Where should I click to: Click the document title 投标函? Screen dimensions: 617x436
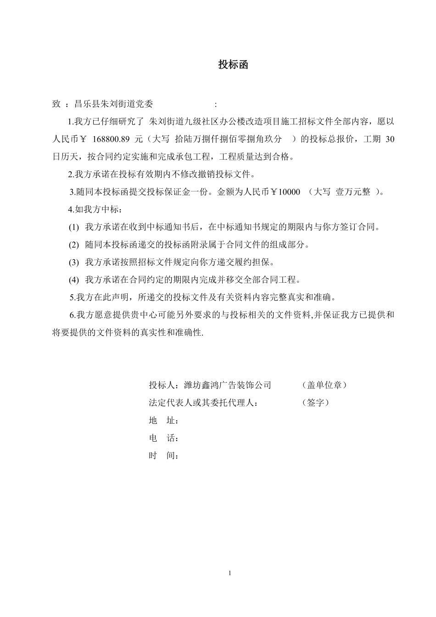coord(233,65)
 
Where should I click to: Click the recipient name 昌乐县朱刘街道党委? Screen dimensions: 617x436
coord(113,104)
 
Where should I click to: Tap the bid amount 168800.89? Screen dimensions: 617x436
coord(112,139)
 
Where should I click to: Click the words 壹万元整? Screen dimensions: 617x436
coord(353,192)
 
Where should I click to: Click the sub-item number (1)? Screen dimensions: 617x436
coord(74,227)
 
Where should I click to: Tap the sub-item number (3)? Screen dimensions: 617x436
coord(74,263)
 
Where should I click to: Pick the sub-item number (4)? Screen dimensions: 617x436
coord(74,280)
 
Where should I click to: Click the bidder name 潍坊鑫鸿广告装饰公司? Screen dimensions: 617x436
coord(227,385)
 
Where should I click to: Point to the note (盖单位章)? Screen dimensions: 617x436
coord(325,385)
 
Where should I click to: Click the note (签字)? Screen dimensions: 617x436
coord(316,403)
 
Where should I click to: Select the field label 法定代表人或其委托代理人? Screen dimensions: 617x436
coord(201,403)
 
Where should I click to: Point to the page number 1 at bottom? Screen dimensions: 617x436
coord(230,573)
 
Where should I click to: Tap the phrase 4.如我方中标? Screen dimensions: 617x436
coord(94,210)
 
